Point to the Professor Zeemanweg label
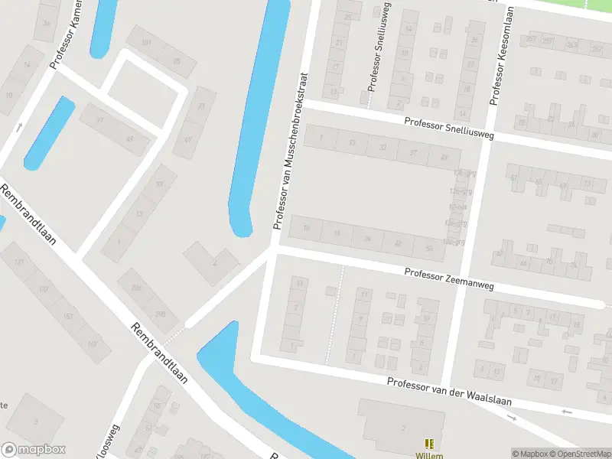450,278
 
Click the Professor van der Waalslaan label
448,391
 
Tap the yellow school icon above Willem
428,444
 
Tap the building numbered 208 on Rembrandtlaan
161,314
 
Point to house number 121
21,262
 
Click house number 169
93,344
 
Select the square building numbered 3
34,421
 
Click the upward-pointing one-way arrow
19,125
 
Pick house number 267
531,39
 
